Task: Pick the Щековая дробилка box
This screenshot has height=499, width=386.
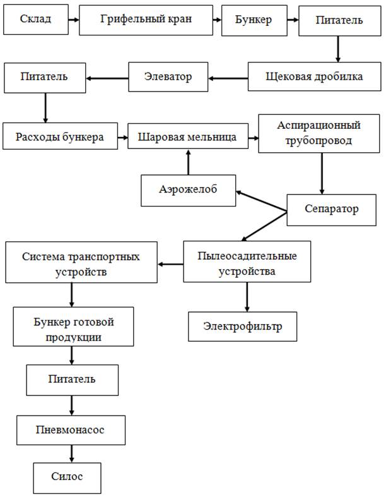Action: [x=313, y=78]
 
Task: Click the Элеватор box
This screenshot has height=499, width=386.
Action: [x=168, y=78]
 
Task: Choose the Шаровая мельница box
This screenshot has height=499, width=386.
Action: [x=187, y=135]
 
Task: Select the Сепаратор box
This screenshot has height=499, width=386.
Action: [x=332, y=208]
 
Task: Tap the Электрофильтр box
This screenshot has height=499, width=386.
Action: [x=242, y=327]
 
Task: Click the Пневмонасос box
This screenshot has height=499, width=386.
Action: [x=69, y=430]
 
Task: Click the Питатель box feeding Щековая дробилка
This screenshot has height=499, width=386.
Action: [x=339, y=20]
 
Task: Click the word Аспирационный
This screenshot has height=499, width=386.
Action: [x=319, y=125]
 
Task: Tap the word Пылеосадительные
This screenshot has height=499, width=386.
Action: [x=247, y=256]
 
